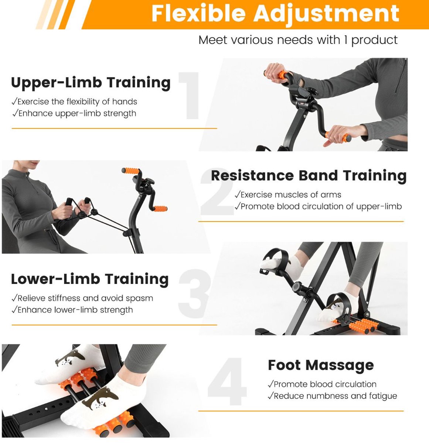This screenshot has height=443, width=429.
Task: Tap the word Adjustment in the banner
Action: [x=326, y=14]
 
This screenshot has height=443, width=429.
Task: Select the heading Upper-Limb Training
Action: [x=91, y=83]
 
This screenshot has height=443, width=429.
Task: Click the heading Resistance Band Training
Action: [x=309, y=176]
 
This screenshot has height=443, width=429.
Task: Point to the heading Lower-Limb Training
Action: [x=90, y=279]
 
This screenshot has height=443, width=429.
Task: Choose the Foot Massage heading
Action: [x=321, y=365]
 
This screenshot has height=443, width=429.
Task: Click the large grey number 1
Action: [x=189, y=96]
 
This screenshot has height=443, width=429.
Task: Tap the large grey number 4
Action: [x=227, y=382]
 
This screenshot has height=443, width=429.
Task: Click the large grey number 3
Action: [x=194, y=293]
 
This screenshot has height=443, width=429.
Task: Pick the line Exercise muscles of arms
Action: [x=288, y=195]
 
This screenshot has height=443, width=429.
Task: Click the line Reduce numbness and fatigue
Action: [x=333, y=396]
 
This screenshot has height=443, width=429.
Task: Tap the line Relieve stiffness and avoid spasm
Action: [x=82, y=298]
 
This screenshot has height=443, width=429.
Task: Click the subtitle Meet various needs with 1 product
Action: [x=298, y=40]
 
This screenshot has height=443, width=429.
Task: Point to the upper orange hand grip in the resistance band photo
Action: [x=130, y=171]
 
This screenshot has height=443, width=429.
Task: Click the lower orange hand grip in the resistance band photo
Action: [x=160, y=209]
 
